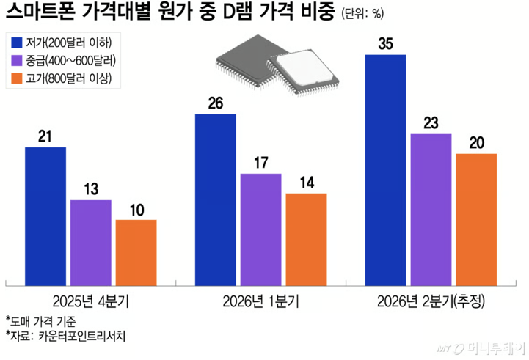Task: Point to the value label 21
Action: coord(45,137)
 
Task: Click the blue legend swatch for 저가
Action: coord(17,42)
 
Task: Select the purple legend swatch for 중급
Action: coord(17,60)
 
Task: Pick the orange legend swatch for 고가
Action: coord(17,78)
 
